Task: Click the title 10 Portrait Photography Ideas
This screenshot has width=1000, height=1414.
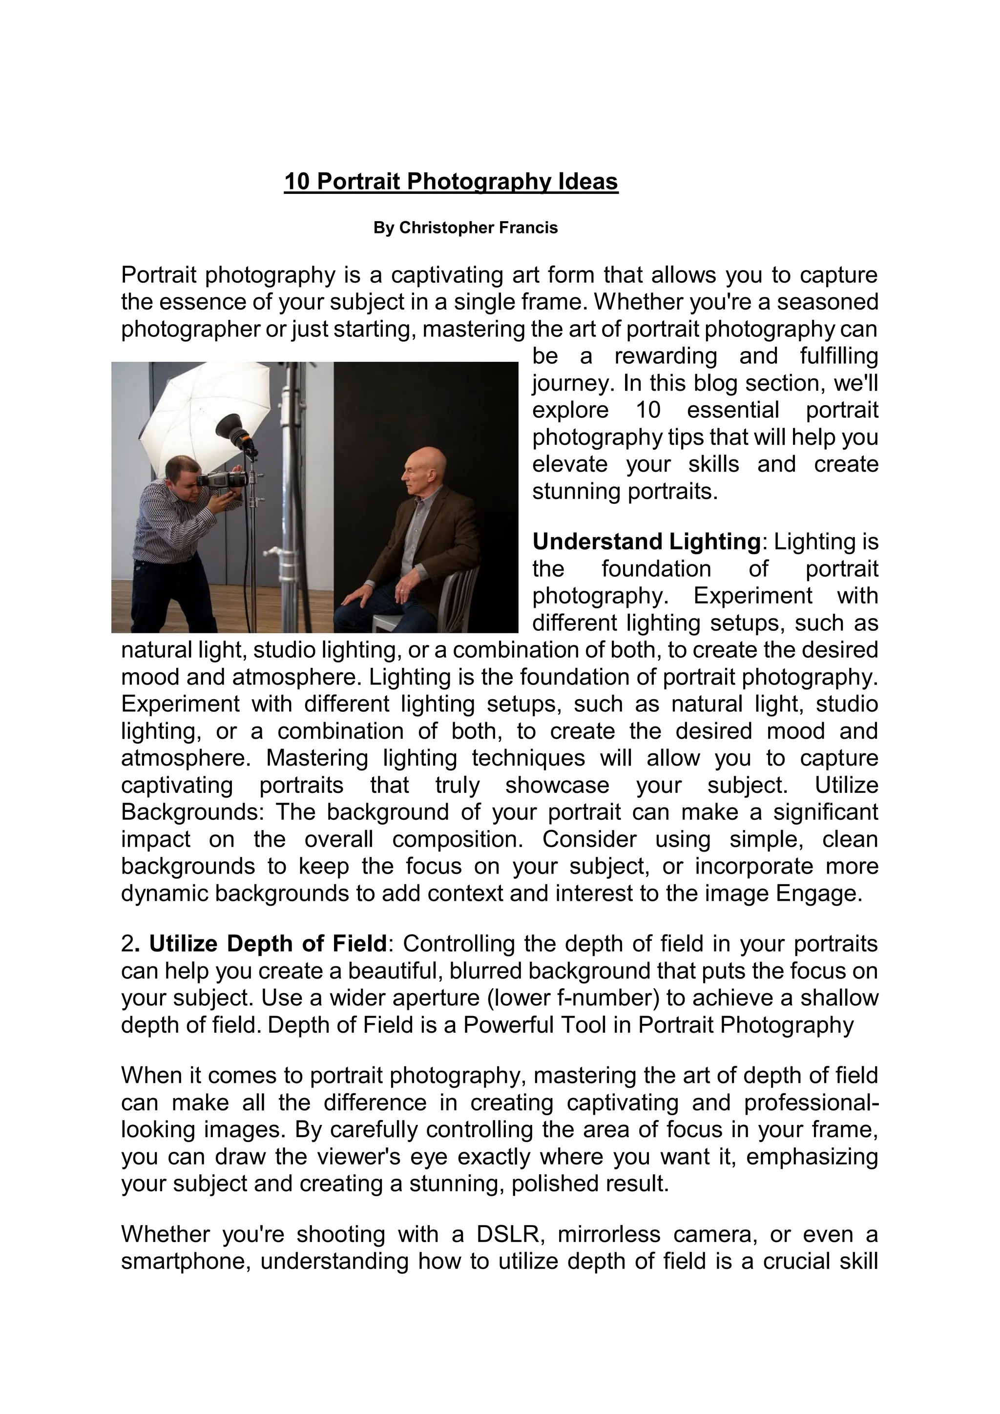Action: [451, 182]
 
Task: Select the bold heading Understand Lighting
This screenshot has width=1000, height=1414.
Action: [646, 542]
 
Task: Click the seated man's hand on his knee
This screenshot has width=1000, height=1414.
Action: [357, 595]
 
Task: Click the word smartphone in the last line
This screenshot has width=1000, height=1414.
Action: [184, 1262]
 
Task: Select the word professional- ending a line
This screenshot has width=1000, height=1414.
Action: [811, 1102]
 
